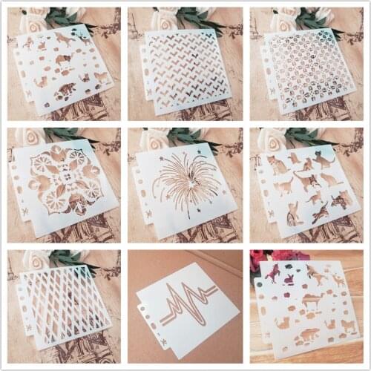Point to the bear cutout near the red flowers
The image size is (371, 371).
(x=309, y=335)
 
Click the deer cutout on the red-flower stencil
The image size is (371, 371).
(x=339, y=280)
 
